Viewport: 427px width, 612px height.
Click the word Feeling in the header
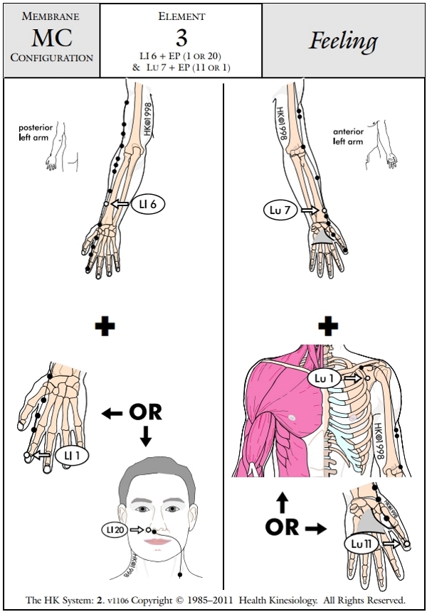(343, 41)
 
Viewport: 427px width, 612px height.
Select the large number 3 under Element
(181, 38)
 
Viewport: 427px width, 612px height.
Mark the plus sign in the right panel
(328, 327)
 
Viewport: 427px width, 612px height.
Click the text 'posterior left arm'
(33, 132)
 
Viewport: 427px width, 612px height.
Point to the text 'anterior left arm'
(349, 136)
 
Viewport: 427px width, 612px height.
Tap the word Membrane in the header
(51, 15)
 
